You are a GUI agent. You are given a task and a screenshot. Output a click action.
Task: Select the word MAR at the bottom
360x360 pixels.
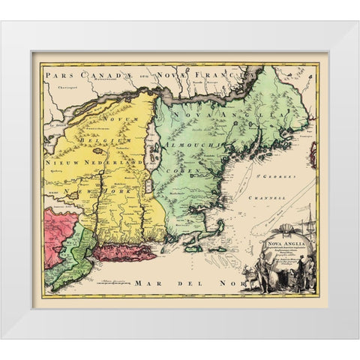pos(150,284)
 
